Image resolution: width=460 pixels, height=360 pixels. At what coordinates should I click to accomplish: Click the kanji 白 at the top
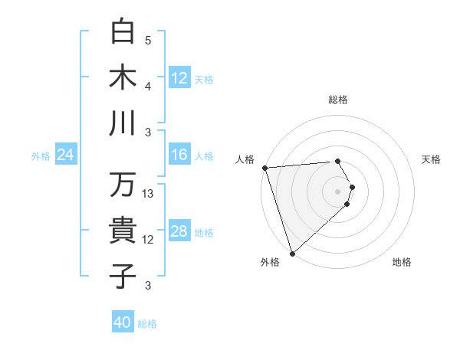(x=123, y=32)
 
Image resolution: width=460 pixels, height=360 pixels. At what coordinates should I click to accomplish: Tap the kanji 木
(x=123, y=77)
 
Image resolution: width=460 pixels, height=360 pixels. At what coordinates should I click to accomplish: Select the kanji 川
(x=123, y=123)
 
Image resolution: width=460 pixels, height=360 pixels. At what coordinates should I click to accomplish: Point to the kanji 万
(x=123, y=185)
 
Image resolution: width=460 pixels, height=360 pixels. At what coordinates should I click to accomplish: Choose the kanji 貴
(x=123, y=231)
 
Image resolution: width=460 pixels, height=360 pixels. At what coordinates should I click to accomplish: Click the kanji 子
(x=123, y=276)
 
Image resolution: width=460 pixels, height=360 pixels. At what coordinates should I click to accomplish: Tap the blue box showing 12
(x=179, y=77)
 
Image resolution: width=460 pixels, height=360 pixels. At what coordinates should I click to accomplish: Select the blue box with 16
(x=179, y=155)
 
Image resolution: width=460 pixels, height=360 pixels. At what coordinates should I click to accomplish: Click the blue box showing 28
(x=179, y=231)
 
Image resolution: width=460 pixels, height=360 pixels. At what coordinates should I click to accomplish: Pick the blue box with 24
(x=65, y=155)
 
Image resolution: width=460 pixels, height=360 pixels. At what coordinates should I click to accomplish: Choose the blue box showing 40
(x=123, y=322)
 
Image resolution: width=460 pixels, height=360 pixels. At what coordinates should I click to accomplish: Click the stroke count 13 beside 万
(x=149, y=194)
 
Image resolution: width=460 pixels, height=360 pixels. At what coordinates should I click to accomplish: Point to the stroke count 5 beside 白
(x=148, y=40)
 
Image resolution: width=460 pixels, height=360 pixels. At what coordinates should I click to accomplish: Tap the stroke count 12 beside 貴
(x=149, y=240)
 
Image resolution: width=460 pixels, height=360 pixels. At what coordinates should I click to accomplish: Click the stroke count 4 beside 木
(x=148, y=86)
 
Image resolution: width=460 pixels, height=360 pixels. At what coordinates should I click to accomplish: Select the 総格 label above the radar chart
(x=338, y=100)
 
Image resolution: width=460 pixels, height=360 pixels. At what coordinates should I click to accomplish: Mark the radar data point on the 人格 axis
(x=264, y=167)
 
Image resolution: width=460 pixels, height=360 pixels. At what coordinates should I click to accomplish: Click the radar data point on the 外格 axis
(x=292, y=254)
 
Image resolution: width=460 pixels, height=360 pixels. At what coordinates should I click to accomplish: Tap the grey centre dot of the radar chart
(x=337, y=191)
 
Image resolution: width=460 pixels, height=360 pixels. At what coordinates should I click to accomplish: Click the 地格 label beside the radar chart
(x=402, y=263)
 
